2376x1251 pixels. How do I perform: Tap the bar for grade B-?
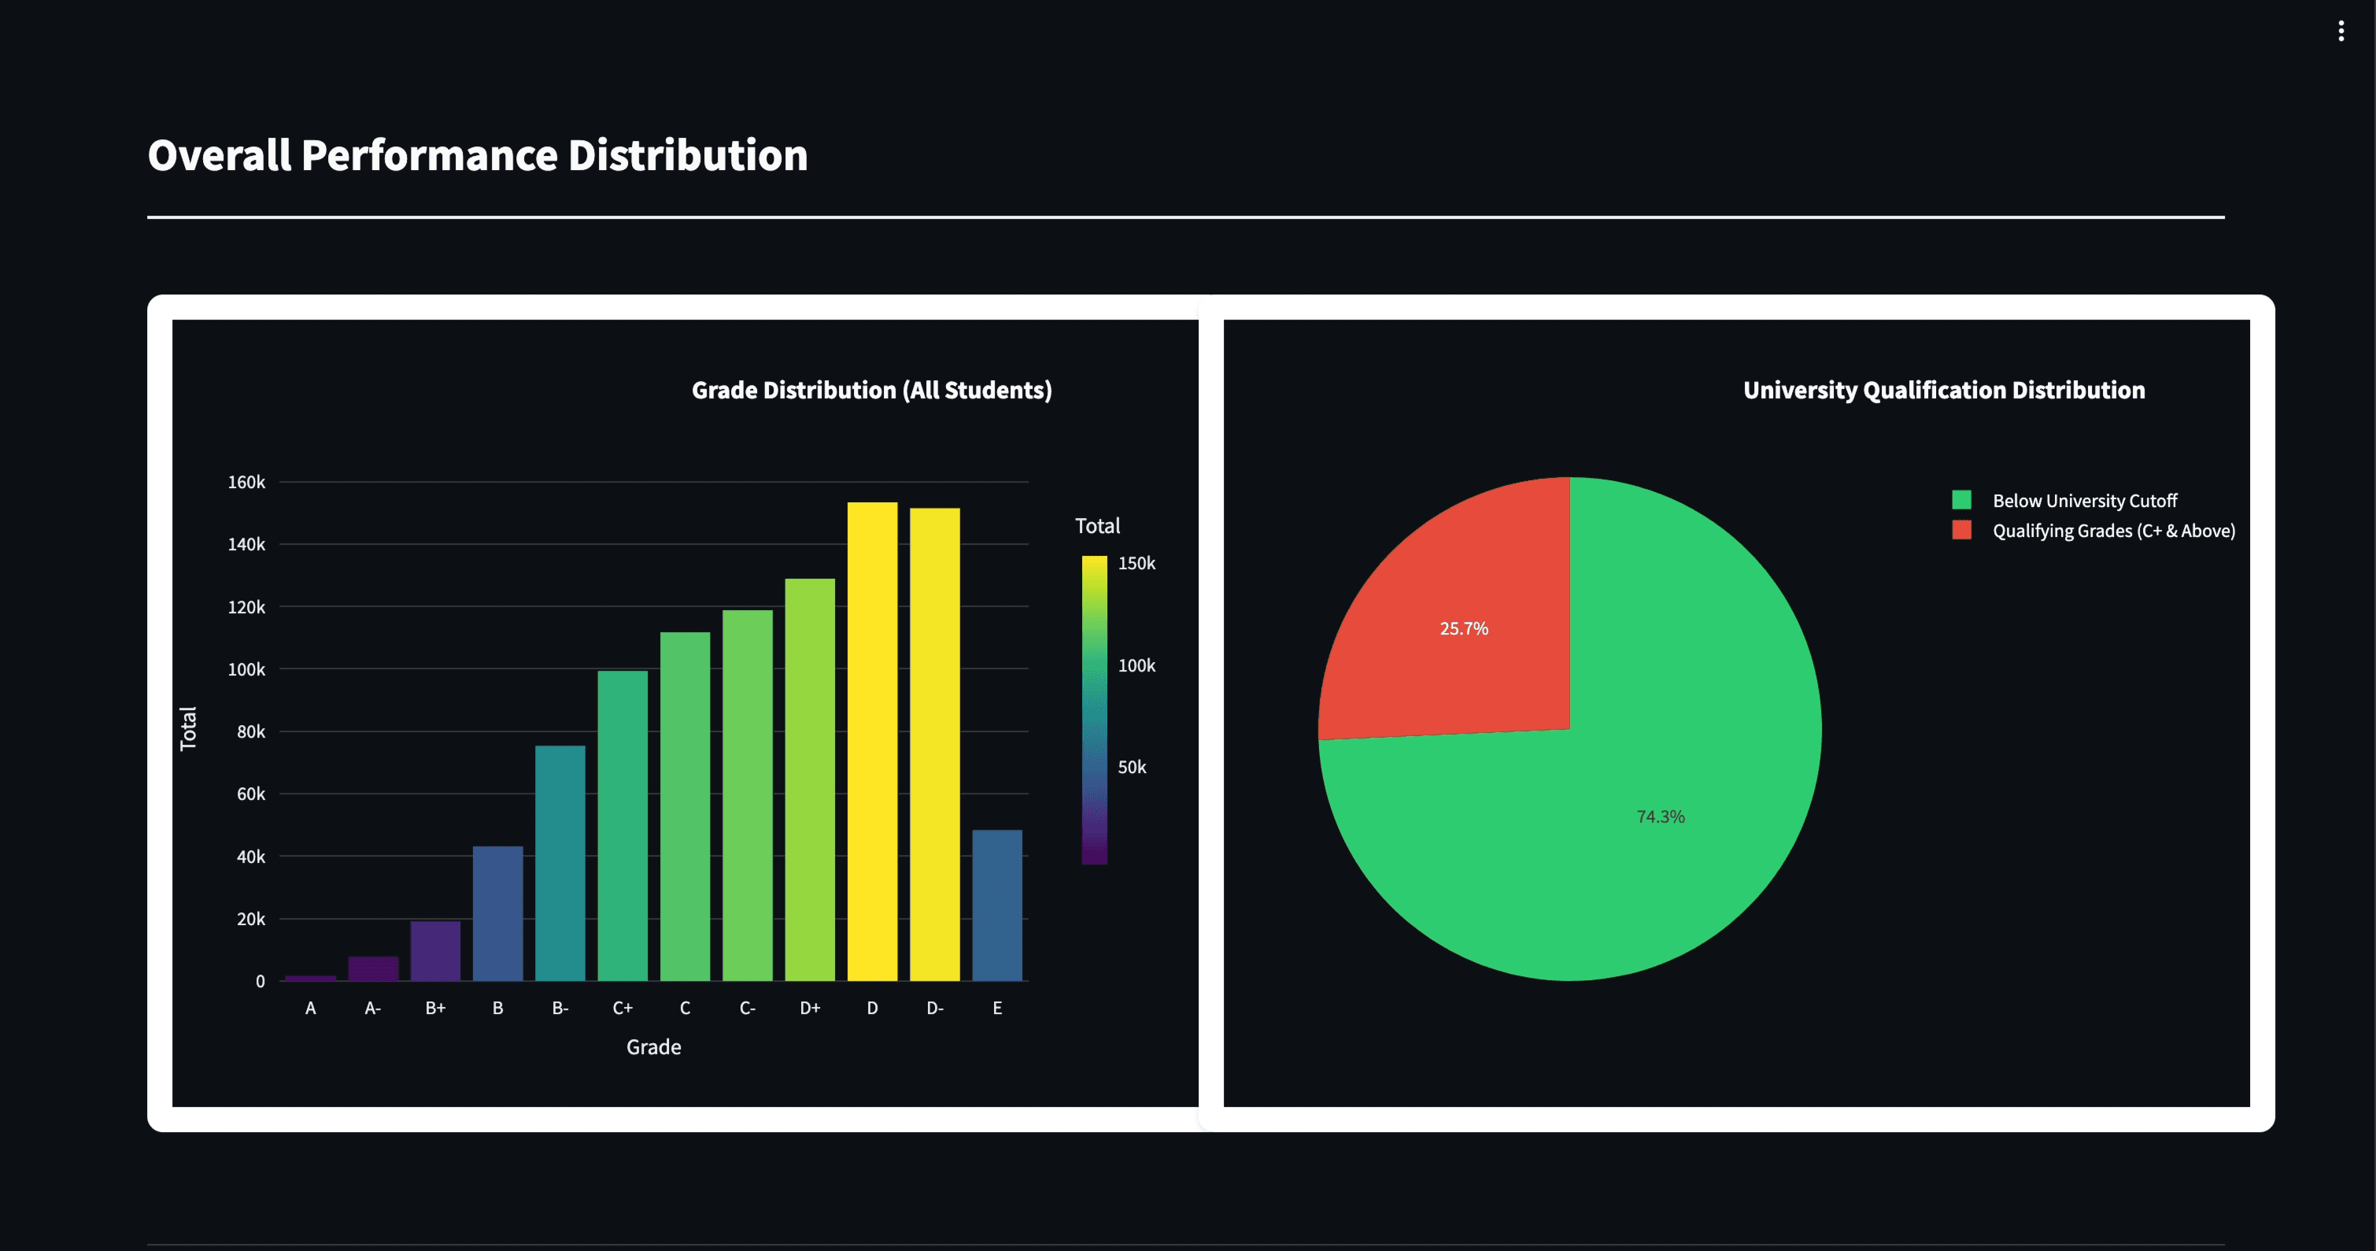560,863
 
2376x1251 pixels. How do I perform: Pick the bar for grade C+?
623,825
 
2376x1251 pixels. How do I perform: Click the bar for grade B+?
435,950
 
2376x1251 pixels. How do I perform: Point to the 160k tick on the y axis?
246,483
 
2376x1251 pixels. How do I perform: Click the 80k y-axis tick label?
251,731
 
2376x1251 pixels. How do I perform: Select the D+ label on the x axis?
810,1009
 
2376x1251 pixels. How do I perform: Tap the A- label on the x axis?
372,1009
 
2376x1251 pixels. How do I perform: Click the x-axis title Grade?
653,1047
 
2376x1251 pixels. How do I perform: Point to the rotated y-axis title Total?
188,729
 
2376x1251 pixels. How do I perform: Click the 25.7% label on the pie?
1464,628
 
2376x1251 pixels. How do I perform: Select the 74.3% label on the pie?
1661,816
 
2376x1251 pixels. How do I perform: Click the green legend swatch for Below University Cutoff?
1962,500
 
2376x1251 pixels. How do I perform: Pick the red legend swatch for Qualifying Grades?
1962,531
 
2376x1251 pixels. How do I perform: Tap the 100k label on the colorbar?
1136,665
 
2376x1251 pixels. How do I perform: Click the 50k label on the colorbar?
1132,767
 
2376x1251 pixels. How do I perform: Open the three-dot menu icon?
2341,31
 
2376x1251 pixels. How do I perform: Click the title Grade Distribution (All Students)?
872,390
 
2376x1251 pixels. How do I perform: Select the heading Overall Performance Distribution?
477,155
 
